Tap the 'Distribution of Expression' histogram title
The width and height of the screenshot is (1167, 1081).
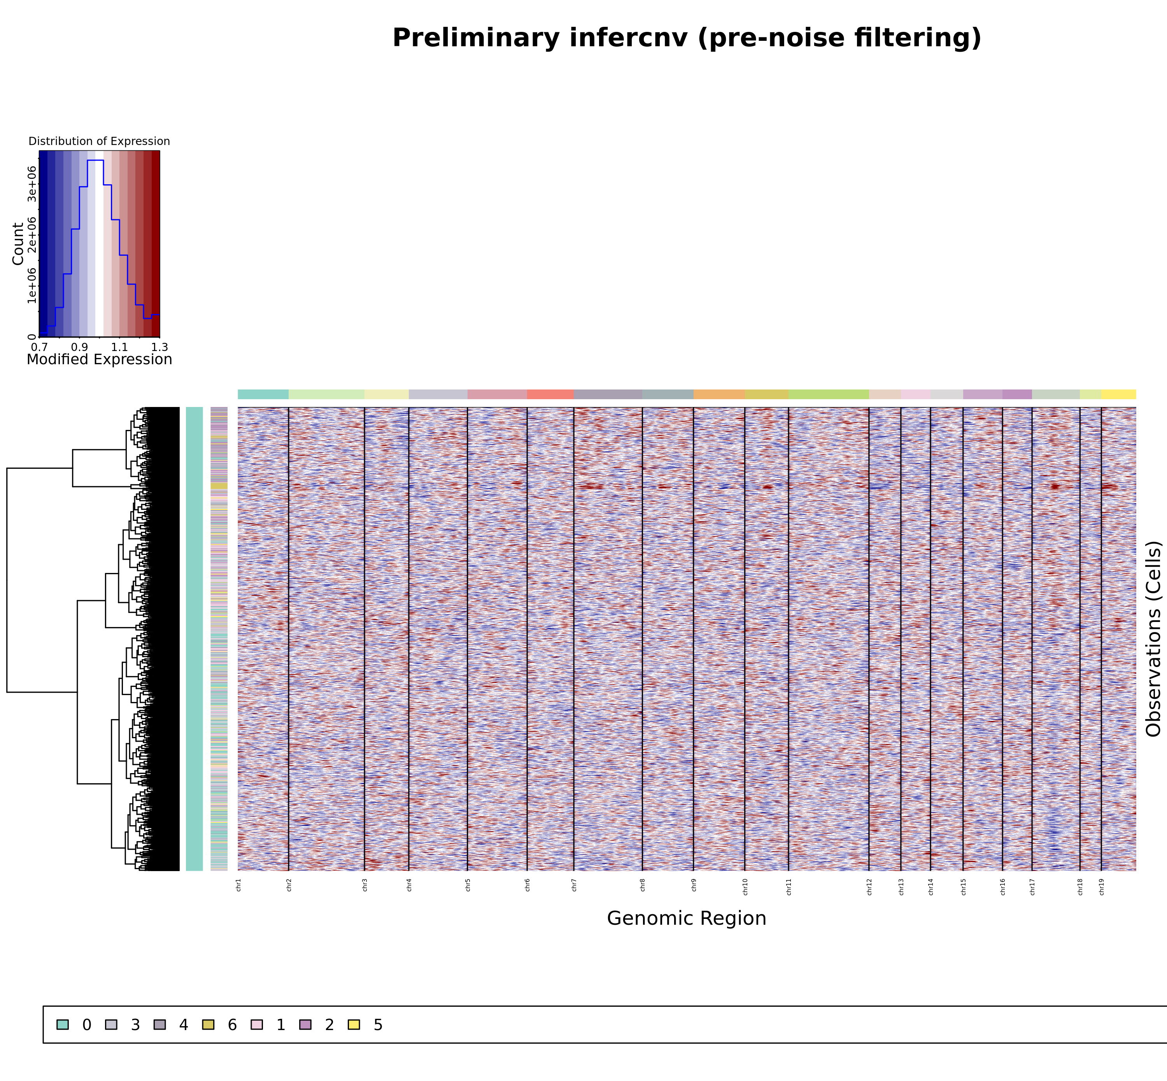coord(99,141)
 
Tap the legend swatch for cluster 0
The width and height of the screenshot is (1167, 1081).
coord(63,1024)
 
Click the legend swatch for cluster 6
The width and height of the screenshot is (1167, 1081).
coord(208,1024)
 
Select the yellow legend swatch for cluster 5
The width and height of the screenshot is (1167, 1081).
coord(354,1024)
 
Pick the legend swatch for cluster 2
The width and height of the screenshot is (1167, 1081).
coord(305,1024)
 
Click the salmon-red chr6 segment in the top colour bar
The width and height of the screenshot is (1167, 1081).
coord(550,394)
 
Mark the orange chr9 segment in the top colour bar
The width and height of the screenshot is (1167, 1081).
coord(719,394)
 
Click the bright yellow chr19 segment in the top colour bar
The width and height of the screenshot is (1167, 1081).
coord(1118,394)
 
